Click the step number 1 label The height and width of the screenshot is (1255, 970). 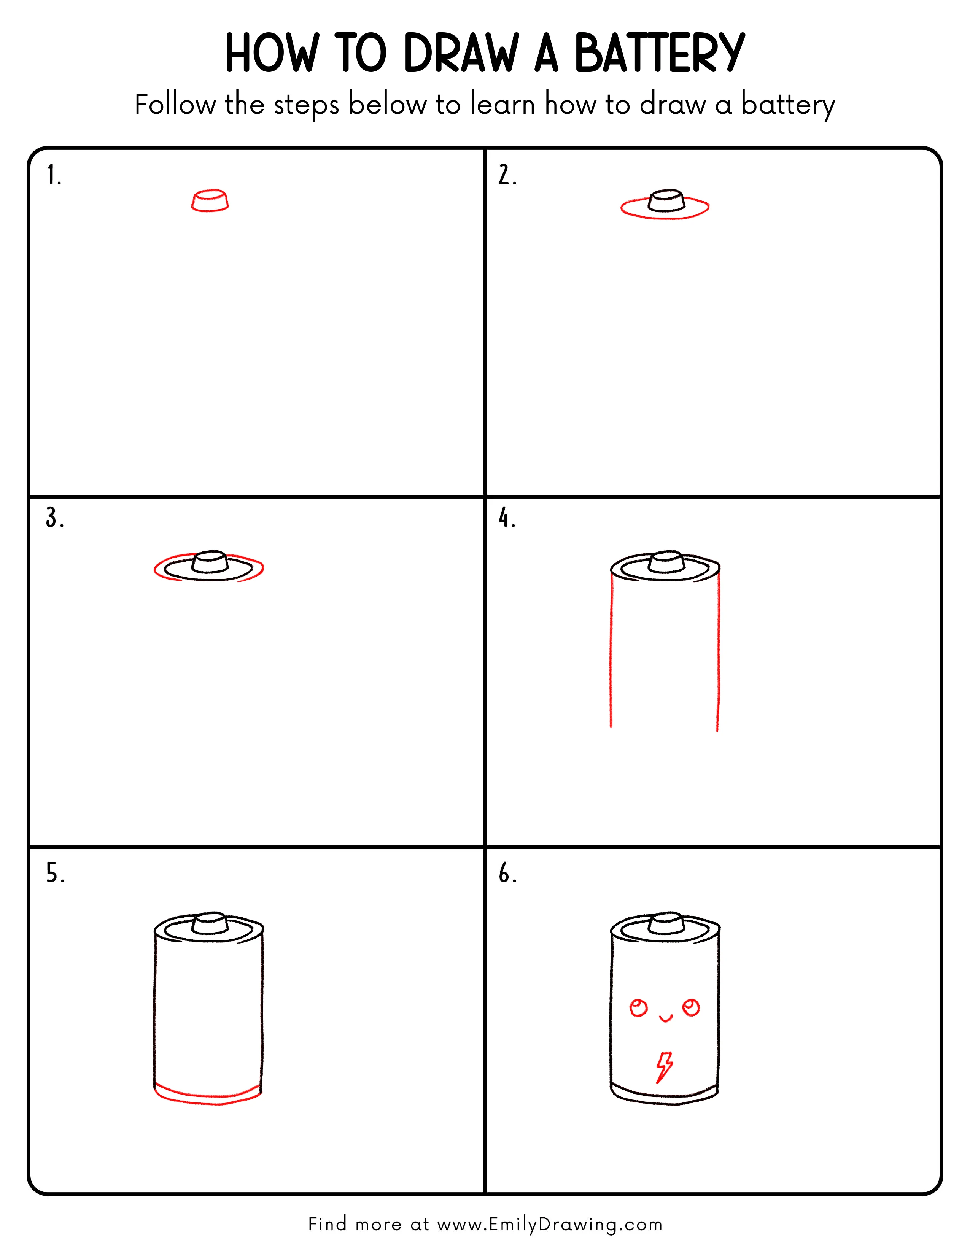point(53,175)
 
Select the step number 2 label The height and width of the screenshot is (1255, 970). point(507,175)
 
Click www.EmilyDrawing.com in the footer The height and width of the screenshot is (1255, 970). point(549,1225)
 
